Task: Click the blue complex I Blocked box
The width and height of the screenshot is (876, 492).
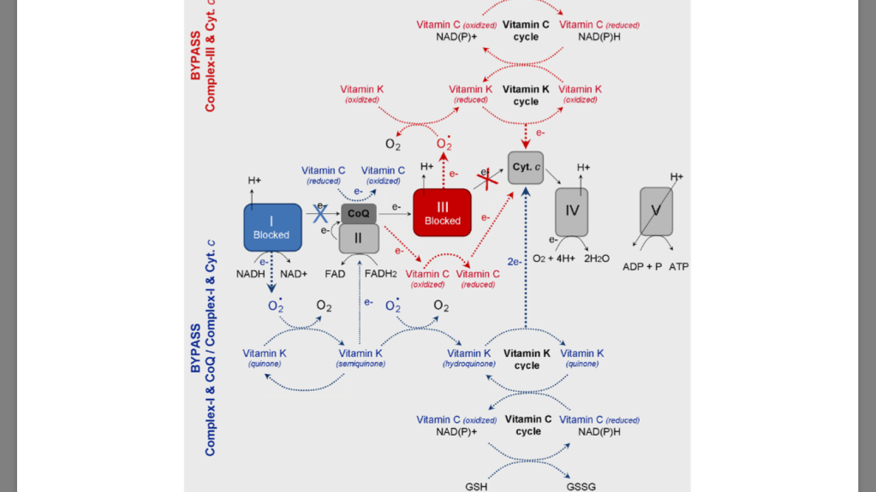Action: pyautogui.click(x=272, y=227)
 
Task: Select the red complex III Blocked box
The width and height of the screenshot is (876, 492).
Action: pyautogui.click(x=443, y=212)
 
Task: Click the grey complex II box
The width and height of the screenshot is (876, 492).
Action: pyautogui.click(x=359, y=238)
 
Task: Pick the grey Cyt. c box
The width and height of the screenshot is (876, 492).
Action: pyautogui.click(x=525, y=167)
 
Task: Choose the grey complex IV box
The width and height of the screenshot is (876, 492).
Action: pyautogui.click(x=572, y=212)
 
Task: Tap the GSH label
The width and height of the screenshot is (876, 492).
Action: pyautogui.click(x=477, y=486)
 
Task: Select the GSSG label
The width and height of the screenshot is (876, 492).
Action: pyautogui.click(x=581, y=486)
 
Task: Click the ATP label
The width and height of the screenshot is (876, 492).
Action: pyautogui.click(x=678, y=267)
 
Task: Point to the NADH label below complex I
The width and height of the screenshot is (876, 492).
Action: pyautogui.click(x=251, y=274)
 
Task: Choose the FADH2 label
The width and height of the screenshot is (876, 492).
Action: pyautogui.click(x=380, y=274)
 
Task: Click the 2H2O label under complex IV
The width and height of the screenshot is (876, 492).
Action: pyautogui.click(x=597, y=258)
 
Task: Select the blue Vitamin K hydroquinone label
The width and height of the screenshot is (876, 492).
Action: pyautogui.click(x=469, y=358)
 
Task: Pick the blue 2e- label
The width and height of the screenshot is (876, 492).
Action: pyautogui.click(x=515, y=262)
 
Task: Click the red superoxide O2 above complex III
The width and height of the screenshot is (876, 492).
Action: pyautogui.click(x=444, y=144)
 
